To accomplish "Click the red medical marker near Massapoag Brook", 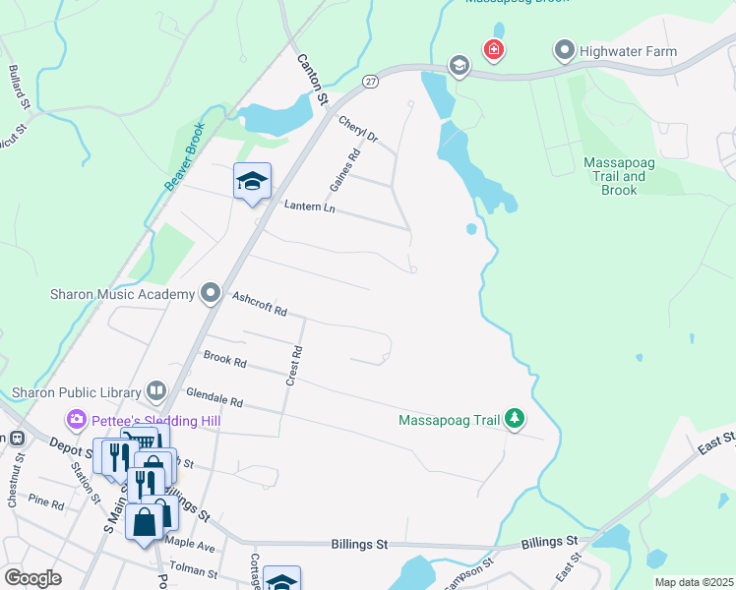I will (493, 49).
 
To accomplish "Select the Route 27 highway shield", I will (370, 81).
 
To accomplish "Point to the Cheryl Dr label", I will (358, 130).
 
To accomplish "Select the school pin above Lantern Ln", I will (252, 181).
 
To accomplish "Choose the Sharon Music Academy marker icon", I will (210, 293).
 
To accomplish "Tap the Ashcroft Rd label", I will (259, 304).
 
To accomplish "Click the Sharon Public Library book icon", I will (156, 392).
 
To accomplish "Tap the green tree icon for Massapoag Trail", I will (514, 420).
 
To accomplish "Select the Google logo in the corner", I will (33, 577).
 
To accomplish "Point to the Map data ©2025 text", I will (693, 582).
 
